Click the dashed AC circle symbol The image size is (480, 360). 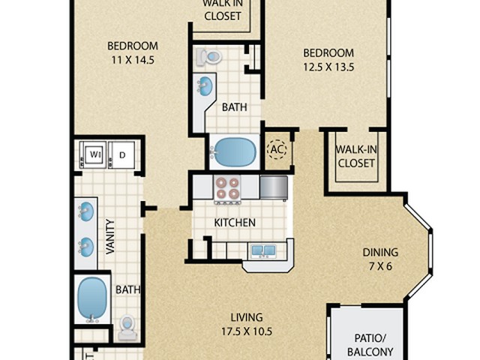(277, 149)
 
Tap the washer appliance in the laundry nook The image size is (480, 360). (93, 154)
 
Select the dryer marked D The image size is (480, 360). (121, 154)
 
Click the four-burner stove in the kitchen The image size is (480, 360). (227, 190)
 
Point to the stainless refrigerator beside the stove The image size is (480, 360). (274, 187)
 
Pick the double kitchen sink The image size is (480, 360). (264, 250)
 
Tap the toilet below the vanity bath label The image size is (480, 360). (127, 328)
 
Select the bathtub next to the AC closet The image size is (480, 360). (233, 152)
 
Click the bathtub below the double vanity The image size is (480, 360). (91, 299)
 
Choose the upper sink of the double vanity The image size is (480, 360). (86, 211)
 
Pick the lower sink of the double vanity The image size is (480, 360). (86, 247)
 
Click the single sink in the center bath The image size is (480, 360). (205, 85)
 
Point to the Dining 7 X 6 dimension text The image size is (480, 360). (380, 266)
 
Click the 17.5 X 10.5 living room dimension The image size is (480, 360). (247, 331)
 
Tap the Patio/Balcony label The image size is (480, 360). (370, 345)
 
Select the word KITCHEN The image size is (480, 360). (235, 223)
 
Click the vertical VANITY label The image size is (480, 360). (110, 237)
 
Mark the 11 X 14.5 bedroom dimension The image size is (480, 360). (133, 60)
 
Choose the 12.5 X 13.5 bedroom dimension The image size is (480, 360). (328, 67)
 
